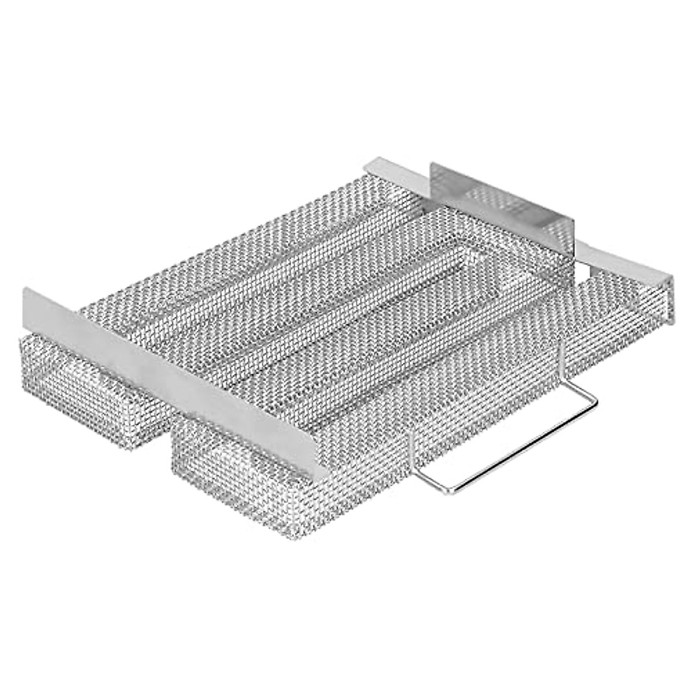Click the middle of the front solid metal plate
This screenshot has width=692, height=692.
click(x=173, y=375)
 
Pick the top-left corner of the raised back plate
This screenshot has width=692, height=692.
click(x=430, y=164)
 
